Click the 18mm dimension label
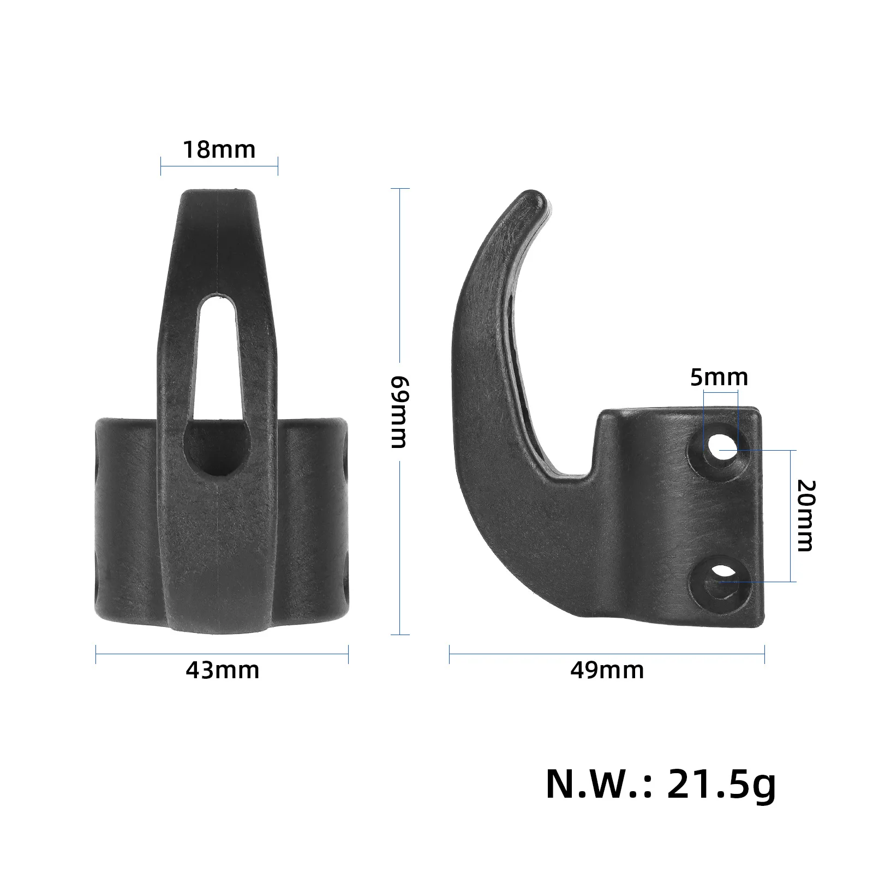[x=219, y=150]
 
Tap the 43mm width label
[x=222, y=670]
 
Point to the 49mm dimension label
[x=607, y=670]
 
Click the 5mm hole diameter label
[x=719, y=377]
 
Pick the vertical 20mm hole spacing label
[x=805, y=516]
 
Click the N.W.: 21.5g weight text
[x=660, y=785]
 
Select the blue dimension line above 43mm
[x=222, y=655]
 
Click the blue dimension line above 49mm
[x=607, y=655]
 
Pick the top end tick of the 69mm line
[x=400, y=189]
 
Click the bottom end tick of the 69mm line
[x=400, y=635]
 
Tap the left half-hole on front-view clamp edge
[x=98, y=469]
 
